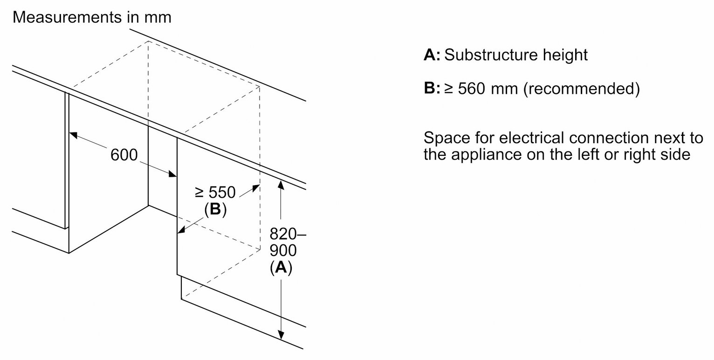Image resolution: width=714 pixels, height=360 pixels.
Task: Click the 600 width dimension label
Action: click(124, 155)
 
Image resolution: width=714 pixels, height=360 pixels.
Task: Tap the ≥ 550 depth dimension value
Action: click(215, 192)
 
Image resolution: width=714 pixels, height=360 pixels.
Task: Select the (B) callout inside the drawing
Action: click(215, 209)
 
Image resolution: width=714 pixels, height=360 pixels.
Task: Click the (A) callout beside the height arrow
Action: click(281, 267)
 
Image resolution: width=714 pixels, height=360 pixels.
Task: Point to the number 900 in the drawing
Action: click(283, 250)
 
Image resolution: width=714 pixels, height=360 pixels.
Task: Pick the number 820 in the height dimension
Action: click(283, 234)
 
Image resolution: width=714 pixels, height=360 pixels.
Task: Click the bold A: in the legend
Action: click(432, 55)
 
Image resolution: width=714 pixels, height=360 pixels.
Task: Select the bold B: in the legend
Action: click(432, 88)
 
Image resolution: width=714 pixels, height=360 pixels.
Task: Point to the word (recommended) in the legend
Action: click(581, 89)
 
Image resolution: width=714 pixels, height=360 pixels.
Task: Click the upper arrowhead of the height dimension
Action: click(281, 185)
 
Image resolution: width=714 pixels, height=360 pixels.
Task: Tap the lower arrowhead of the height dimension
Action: click(281, 335)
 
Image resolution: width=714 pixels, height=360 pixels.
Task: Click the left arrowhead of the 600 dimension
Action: click(73, 135)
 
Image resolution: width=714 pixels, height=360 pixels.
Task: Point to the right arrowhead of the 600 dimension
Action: click(172, 174)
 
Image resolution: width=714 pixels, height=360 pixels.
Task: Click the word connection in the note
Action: click(609, 138)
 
